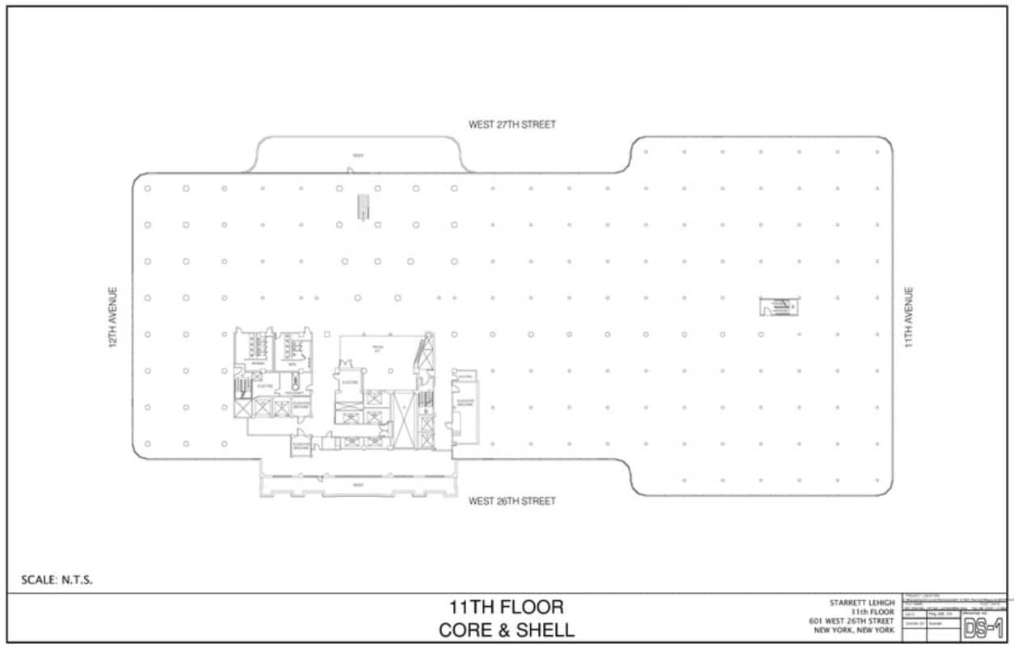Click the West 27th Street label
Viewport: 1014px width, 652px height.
pos(512,125)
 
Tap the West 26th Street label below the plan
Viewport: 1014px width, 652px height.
pos(512,502)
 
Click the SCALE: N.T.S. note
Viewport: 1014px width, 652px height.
pos(57,579)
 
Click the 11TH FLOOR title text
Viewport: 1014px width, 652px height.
pos(507,607)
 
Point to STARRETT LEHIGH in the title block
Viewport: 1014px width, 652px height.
pos(861,603)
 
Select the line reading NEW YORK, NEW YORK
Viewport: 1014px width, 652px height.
pos(854,630)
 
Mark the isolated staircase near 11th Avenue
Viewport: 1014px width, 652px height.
pos(779,307)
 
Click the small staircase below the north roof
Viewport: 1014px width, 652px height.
pos(364,207)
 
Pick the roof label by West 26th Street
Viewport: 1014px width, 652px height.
pos(356,486)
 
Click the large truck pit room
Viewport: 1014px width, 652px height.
pos(376,351)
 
